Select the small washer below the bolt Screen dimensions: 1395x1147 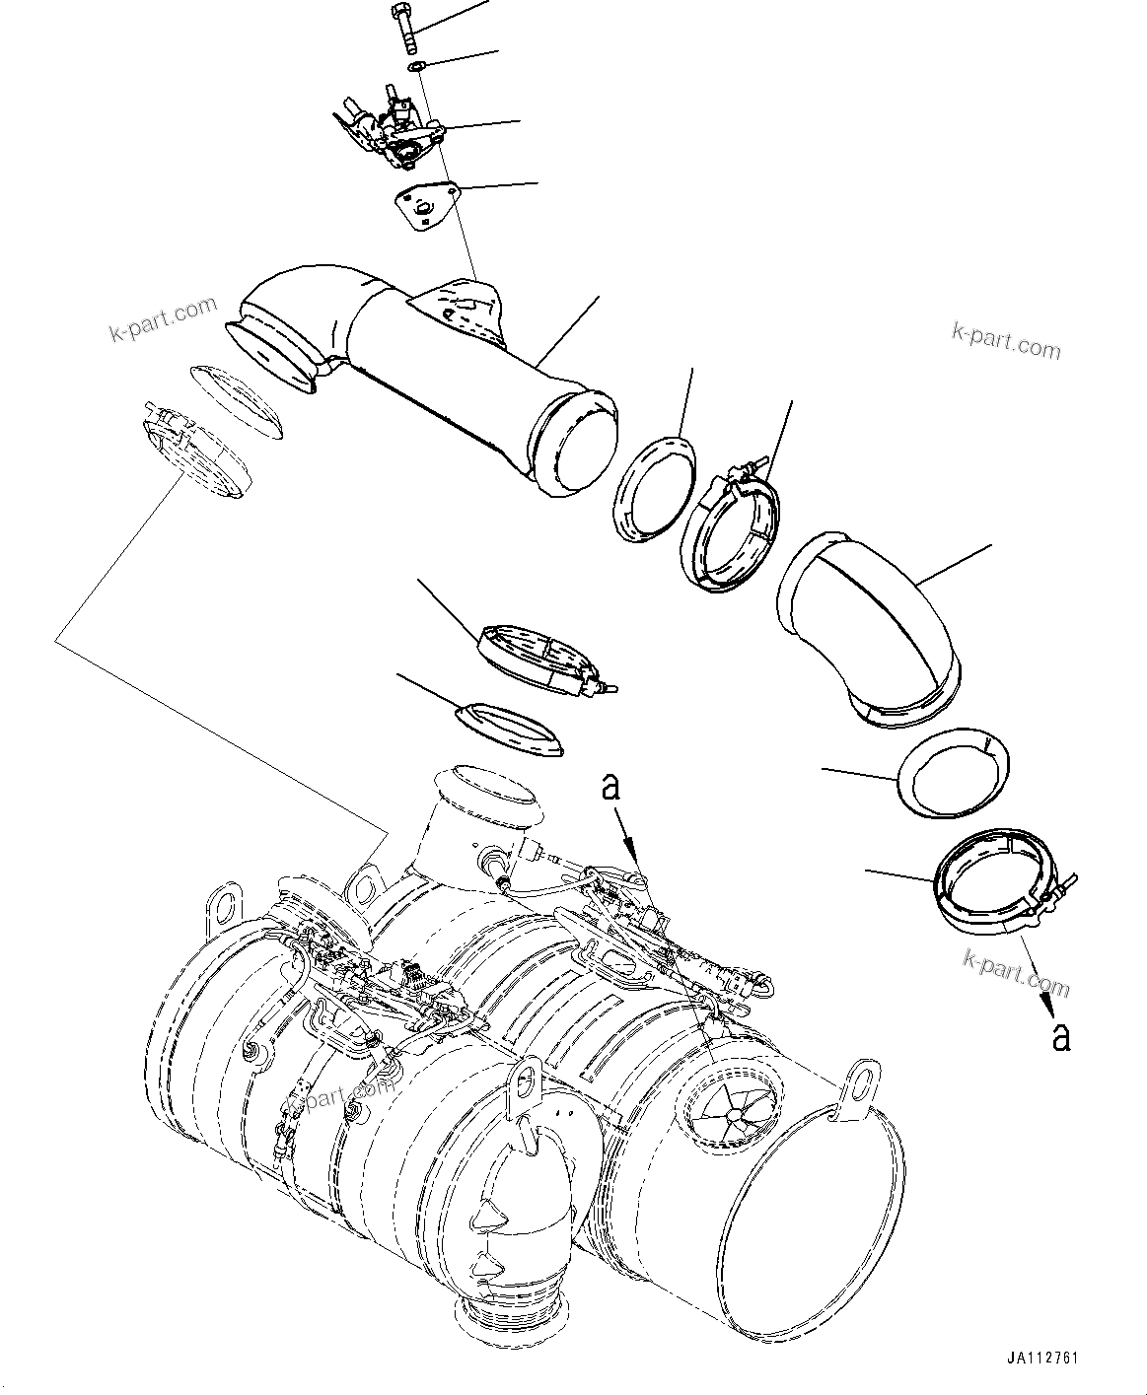[417, 67]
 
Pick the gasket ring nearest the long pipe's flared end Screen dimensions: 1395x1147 [236, 401]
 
